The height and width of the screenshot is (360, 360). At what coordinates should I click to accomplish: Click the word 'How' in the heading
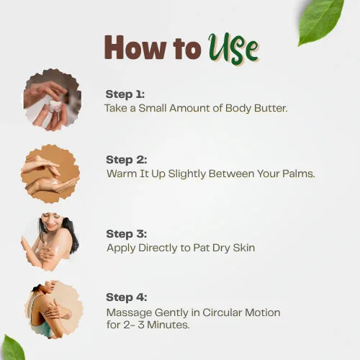click(x=130, y=48)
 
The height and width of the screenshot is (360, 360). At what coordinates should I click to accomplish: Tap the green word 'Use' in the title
click(x=233, y=48)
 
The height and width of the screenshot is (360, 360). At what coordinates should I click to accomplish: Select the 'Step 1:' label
click(x=125, y=94)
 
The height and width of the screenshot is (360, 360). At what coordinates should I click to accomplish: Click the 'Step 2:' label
click(x=127, y=160)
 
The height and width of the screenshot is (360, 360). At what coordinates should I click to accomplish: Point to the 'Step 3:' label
click(x=127, y=233)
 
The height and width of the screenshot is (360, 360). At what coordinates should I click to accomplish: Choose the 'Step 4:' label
click(x=127, y=297)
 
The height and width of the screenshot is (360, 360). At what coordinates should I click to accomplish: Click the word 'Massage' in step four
click(x=127, y=312)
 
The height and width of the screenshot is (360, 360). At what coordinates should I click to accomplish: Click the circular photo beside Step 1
click(x=51, y=99)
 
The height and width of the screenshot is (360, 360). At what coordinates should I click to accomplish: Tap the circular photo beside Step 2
click(x=50, y=174)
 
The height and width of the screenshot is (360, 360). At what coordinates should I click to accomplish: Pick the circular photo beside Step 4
click(x=53, y=309)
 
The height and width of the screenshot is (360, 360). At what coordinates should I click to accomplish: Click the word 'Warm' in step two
click(x=120, y=174)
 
